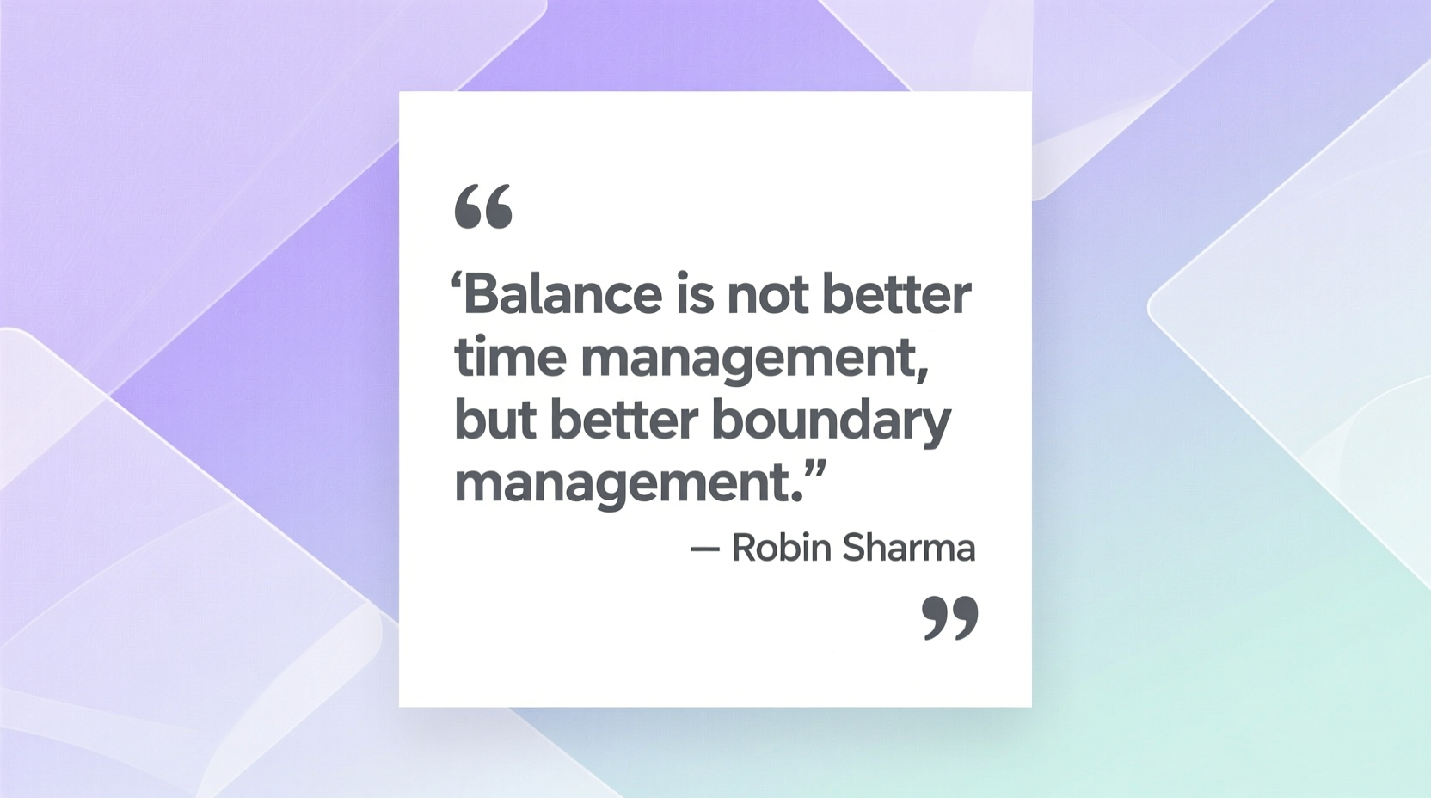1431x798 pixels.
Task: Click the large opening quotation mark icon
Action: (483, 206)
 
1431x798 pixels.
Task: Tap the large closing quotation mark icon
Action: (950, 618)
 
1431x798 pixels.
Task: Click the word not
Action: (767, 295)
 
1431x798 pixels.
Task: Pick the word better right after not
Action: (896, 295)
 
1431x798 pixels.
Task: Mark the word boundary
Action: (832, 421)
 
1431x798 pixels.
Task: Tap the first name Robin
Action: (781, 549)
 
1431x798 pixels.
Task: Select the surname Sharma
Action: (908, 549)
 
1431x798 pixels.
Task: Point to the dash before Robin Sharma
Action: (705, 549)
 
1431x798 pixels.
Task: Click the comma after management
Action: (923, 372)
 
